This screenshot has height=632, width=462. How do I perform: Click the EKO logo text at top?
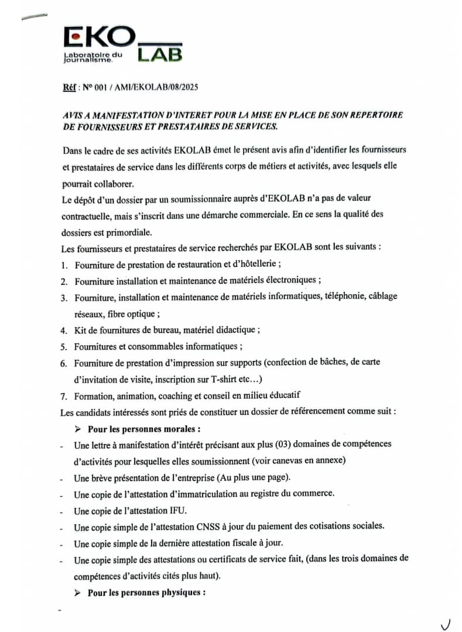pos(98,39)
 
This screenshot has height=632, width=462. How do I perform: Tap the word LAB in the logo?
pos(160,54)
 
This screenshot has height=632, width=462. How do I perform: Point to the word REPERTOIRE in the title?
pos(375,115)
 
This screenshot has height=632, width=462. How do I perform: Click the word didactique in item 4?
pos(234,329)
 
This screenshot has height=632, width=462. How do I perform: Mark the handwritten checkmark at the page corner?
pos(446,624)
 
